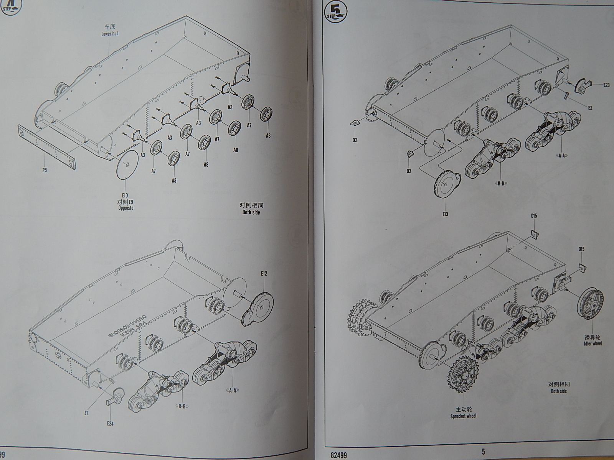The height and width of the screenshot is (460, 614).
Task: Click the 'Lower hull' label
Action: click(x=110, y=34)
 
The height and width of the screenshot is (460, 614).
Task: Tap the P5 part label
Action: click(x=45, y=170)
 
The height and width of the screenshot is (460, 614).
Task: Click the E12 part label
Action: click(x=264, y=274)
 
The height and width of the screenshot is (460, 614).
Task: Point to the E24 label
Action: click(x=110, y=424)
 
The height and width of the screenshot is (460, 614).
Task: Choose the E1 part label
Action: click(x=86, y=413)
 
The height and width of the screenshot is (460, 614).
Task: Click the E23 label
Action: click(x=606, y=85)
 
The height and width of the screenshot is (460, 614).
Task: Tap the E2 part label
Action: click(x=590, y=108)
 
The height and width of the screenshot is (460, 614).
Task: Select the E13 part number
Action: click(x=445, y=214)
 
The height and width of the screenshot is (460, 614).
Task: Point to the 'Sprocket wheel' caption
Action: click(x=464, y=416)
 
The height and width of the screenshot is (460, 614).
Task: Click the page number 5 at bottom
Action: click(x=484, y=452)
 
